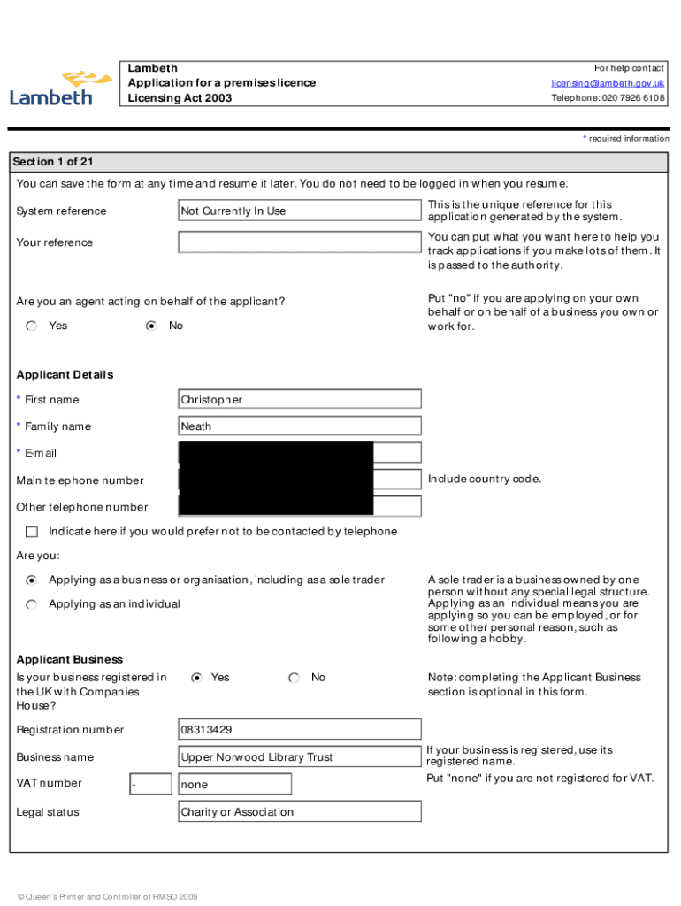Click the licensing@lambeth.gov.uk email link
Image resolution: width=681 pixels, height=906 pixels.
pos(608,83)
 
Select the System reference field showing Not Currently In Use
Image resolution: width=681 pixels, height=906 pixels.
pos(299,211)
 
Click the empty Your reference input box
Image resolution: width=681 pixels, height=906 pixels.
pos(299,242)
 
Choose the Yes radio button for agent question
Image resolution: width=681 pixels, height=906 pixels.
pos(32,326)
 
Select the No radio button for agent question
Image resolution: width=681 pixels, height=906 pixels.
pos(151,326)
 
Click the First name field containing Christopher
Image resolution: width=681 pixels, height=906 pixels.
pos(299,400)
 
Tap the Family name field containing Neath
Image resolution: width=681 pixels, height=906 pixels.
pos(299,426)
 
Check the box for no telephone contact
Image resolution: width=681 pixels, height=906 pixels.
pos(32,532)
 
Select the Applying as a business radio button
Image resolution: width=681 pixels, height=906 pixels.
pos(32,580)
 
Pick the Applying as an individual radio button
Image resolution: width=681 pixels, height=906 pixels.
pos(32,604)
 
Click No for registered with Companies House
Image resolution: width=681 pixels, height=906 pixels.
pos(294,678)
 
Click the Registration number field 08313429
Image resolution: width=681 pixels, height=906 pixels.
pos(299,730)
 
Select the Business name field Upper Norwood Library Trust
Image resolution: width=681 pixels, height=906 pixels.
pos(299,757)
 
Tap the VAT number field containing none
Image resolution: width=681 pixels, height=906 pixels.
pos(234,785)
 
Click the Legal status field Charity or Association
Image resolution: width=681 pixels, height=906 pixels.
pos(299,812)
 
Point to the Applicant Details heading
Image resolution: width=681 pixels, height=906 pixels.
pos(65,375)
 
